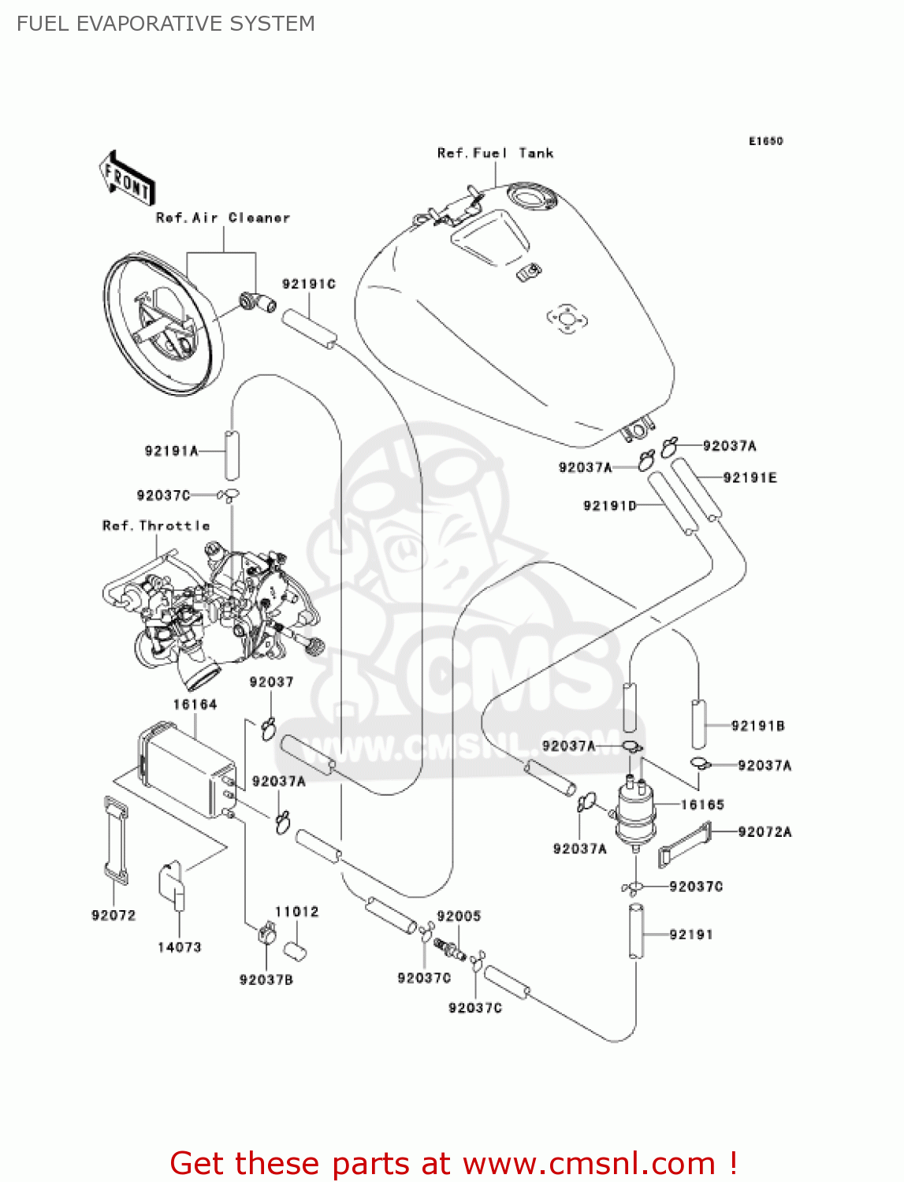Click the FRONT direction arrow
coord(127,179)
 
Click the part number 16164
coord(195,704)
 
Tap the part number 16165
coord(702,805)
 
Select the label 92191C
coord(309,284)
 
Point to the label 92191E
coord(750,478)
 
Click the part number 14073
coord(180,947)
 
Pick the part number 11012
coord(296,912)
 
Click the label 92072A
coord(764,831)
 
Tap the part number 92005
coord(459,916)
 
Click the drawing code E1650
coord(765,141)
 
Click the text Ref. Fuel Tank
coord(495,153)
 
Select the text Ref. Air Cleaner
coord(223,217)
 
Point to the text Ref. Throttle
coord(156,526)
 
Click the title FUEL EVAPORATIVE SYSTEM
coord(166,24)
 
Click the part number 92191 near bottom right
coord(691,935)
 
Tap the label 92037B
coord(266,979)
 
